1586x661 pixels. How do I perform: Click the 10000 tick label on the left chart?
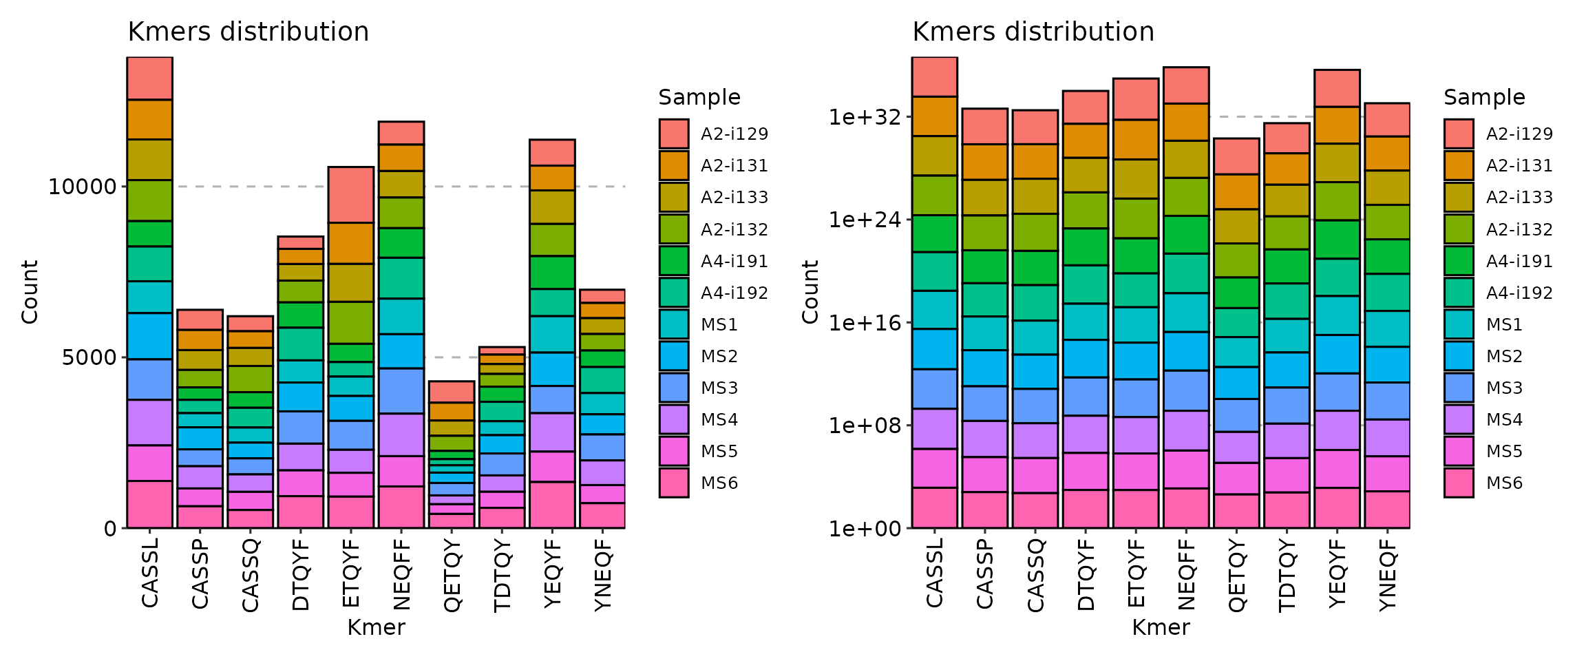pyautogui.click(x=82, y=187)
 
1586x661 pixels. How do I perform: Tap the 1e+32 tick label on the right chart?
pyautogui.click(x=865, y=117)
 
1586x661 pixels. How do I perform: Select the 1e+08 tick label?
pyautogui.click(x=865, y=426)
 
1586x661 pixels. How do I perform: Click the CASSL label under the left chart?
pyautogui.click(x=149, y=573)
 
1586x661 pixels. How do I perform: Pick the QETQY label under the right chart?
pyautogui.click(x=1237, y=576)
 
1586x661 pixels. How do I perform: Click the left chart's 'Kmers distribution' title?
pyautogui.click(x=248, y=32)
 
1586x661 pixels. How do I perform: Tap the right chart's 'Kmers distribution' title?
pyautogui.click(x=1033, y=32)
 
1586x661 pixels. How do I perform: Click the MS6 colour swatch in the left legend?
pyautogui.click(x=673, y=483)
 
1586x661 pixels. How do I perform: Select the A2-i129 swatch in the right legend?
pyautogui.click(x=1459, y=134)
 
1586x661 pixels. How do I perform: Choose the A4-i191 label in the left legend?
pyautogui.click(x=734, y=261)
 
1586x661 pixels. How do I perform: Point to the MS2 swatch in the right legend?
pyautogui.click(x=1459, y=356)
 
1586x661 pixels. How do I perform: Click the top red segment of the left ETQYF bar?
pyautogui.click(x=351, y=194)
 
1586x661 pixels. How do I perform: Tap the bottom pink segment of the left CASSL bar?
pyautogui.click(x=149, y=504)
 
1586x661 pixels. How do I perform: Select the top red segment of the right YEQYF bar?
pyautogui.click(x=1337, y=88)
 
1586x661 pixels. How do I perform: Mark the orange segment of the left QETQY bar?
pyautogui.click(x=452, y=411)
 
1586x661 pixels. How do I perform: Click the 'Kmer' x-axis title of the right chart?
pyautogui.click(x=1161, y=627)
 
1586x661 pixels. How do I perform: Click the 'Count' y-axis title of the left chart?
pyautogui.click(x=29, y=292)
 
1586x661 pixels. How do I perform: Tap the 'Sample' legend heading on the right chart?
pyautogui.click(x=1484, y=97)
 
